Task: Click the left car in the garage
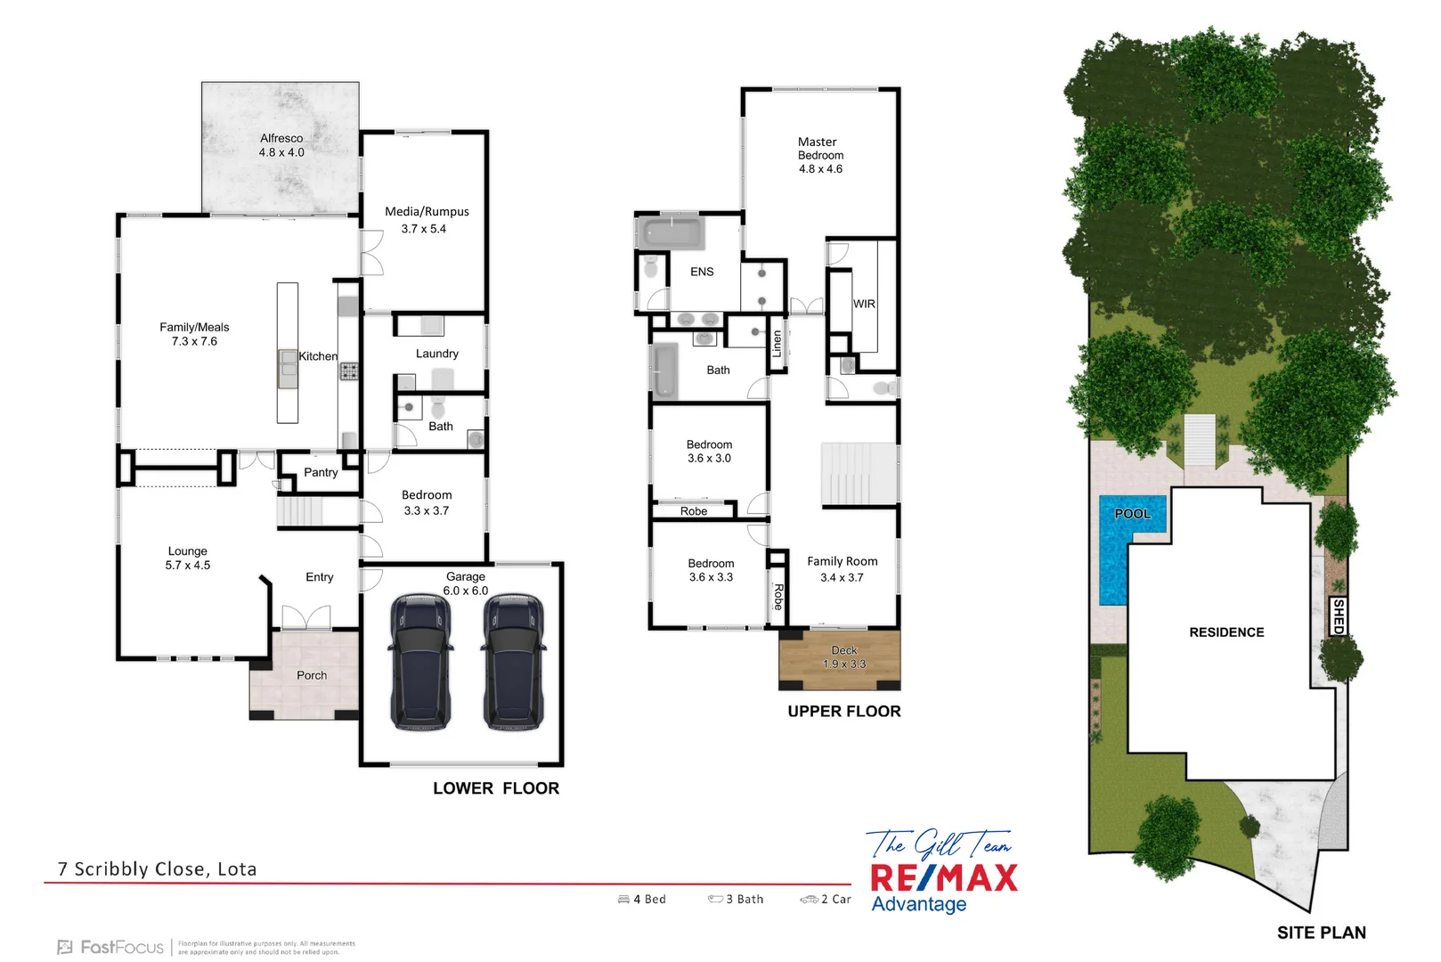(x=419, y=662)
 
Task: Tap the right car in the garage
(x=513, y=662)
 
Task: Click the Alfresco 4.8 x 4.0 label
(x=281, y=145)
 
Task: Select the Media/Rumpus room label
(x=427, y=212)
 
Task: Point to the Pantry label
(x=321, y=473)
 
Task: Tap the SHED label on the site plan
(x=1338, y=616)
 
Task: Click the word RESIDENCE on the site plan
(x=1226, y=632)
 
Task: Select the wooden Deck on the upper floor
(x=840, y=659)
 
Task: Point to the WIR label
(x=864, y=304)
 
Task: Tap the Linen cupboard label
(x=777, y=344)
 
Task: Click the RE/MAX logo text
(x=943, y=878)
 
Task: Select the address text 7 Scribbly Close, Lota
(x=157, y=869)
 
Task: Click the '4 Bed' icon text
(x=648, y=900)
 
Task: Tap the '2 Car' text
(x=834, y=900)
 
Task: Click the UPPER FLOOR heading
(x=843, y=712)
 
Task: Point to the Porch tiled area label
(x=312, y=676)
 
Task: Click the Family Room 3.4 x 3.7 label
(x=842, y=569)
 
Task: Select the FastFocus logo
(x=112, y=947)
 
